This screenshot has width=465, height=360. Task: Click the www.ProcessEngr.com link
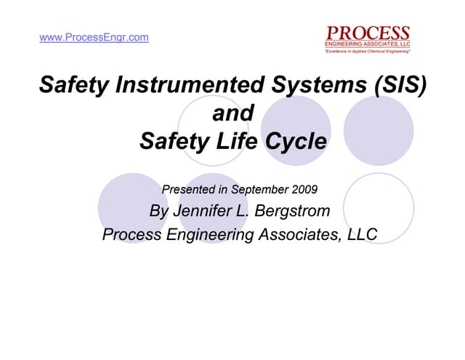coord(94,37)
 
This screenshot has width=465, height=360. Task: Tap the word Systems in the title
coord(314,86)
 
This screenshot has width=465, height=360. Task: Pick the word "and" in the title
coord(232,113)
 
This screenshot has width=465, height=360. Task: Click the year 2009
coord(304,190)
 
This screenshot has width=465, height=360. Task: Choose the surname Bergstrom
coord(294,212)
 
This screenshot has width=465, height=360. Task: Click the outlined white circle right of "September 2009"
coord(379,207)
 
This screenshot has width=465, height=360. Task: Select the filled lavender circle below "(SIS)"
coord(379,131)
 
